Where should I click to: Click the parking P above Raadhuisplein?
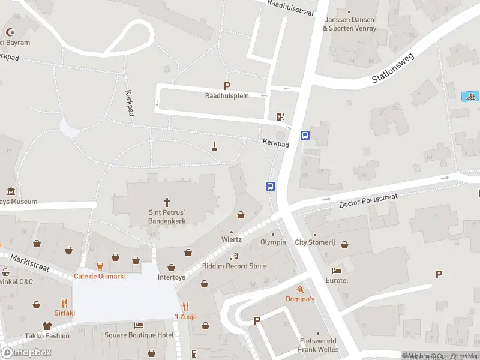pyautogui.click(x=227, y=86)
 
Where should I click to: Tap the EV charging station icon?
pyautogui.click(x=280, y=116)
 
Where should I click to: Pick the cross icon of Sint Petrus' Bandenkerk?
pyautogui.click(x=167, y=202)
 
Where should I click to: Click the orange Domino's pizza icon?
pyautogui.click(x=300, y=290)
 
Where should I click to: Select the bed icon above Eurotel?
pyautogui.click(x=337, y=271)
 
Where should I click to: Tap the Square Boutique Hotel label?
pyautogui.click(x=139, y=335)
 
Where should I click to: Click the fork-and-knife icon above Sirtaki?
pyautogui.click(x=65, y=303)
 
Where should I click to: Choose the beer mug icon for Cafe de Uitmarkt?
pyautogui.click(x=99, y=266)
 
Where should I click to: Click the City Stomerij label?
pyautogui.click(x=314, y=242)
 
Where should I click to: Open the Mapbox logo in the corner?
pyautogui.click(x=26, y=353)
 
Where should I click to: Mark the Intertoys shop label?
pyautogui.click(x=172, y=277)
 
